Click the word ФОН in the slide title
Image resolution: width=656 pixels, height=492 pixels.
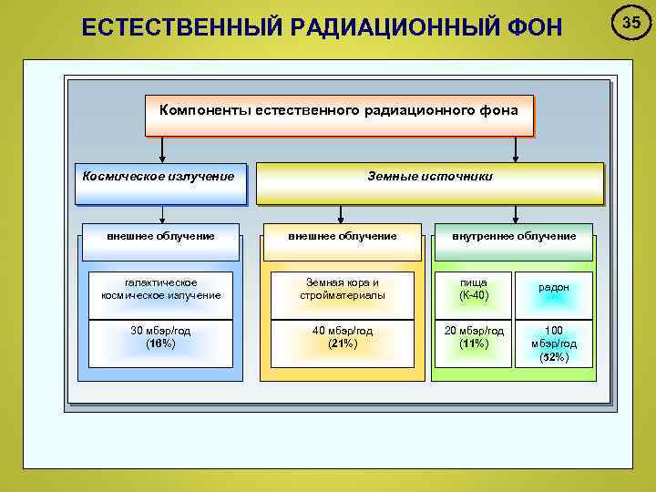pyautogui.click(x=534, y=27)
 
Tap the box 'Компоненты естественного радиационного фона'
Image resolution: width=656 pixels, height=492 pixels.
pyautogui.click(x=338, y=111)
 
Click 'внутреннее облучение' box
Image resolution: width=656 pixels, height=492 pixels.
pyautogui.click(x=515, y=236)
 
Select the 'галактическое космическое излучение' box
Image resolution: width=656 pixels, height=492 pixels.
pyautogui.click(x=161, y=289)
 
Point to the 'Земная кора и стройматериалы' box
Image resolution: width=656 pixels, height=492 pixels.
pyautogui.click(x=342, y=289)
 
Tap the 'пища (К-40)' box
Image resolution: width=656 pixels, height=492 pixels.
pyautogui.click(x=474, y=289)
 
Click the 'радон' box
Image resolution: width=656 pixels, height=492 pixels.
pyautogui.click(x=554, y=289)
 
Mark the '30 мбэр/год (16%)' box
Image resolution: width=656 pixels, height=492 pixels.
pyautogui.click(x=161, y=337)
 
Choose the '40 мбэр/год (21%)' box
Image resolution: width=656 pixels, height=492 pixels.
pyautogui.click(x=342, y=337)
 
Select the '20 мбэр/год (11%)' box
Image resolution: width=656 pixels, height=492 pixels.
pyautogui.click(x=474, y=337)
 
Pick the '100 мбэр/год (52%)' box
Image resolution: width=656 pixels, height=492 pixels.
pyautogui.click(x=554, y=343)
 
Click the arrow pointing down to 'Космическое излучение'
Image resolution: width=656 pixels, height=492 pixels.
pyautogui.click(x=162, y=149)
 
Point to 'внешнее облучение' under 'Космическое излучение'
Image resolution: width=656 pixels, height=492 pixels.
pyautogui.click(x=161, y=236)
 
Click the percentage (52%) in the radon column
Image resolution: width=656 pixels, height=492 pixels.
pyautogui.click(x=554, y=357)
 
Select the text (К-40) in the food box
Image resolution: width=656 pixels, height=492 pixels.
pyautogui.click(x=474, y=295)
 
